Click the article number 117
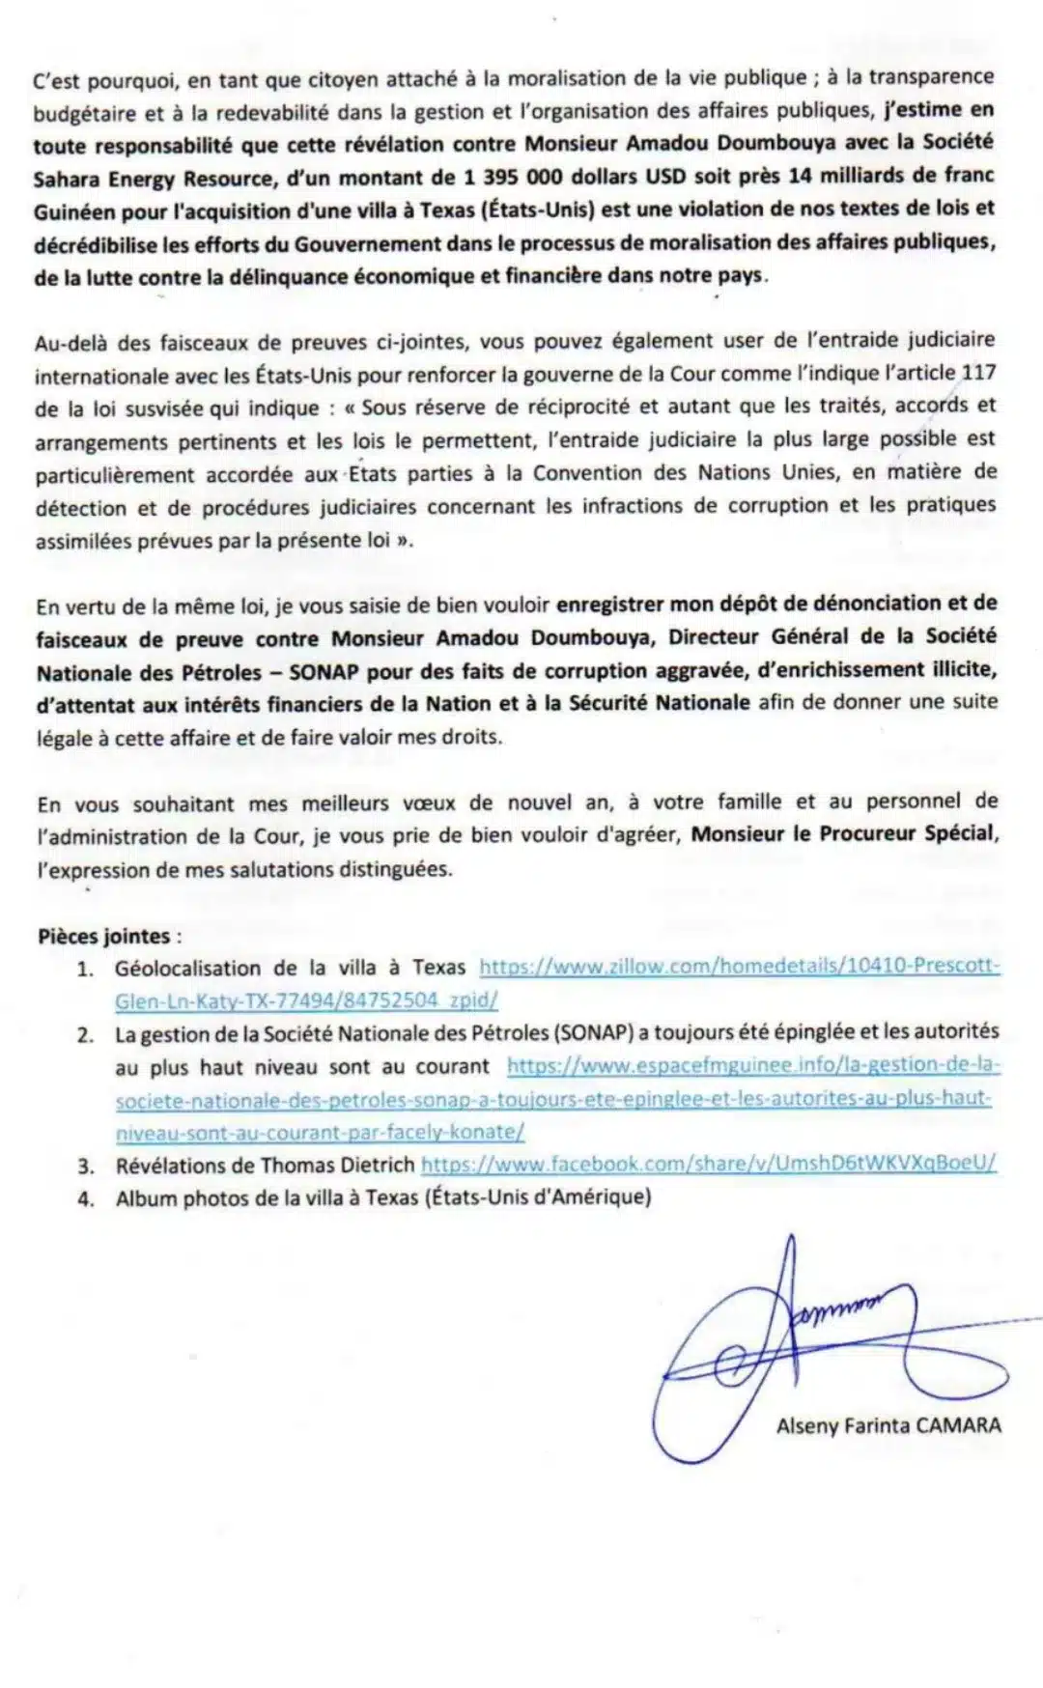tap(978, 373)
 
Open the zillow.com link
tap(739, 968)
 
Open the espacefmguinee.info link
tap(753, 1066)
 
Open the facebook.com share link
tap(708, 1165)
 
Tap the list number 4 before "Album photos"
tap(86, 1199)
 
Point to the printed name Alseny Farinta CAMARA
tap(888, 1425)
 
